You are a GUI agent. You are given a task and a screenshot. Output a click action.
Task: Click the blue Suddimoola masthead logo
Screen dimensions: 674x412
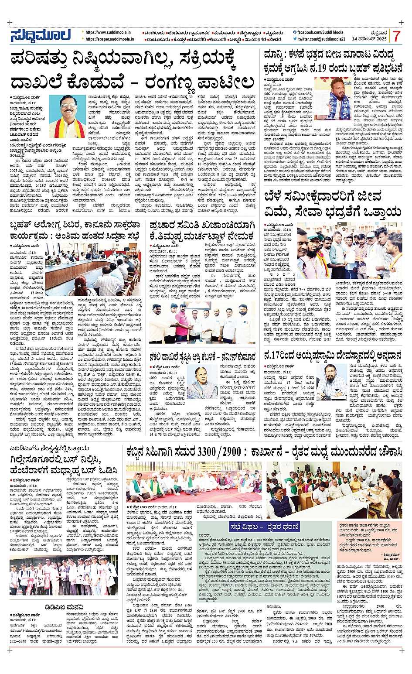40,36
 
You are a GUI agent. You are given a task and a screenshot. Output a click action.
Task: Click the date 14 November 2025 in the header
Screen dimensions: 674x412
369,39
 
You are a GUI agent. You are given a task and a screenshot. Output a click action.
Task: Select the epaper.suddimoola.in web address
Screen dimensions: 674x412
110,39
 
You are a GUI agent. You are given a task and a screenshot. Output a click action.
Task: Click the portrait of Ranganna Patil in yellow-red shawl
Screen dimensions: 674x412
67,116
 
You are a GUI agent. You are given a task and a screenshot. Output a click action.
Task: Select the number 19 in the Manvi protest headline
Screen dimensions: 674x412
309,68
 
